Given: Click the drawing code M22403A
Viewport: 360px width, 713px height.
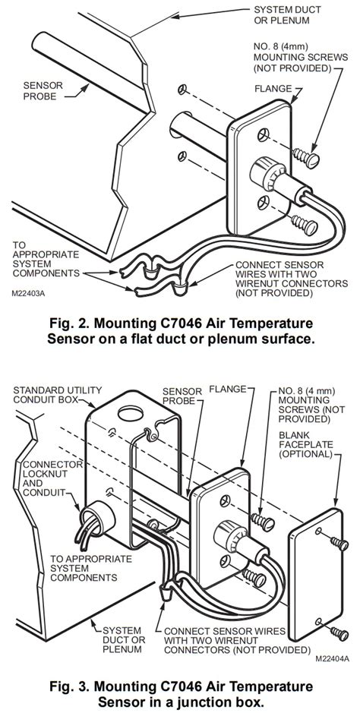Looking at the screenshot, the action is [x=28, y=294].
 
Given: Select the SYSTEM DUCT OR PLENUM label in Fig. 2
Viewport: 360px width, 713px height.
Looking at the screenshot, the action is [x=287, y=14].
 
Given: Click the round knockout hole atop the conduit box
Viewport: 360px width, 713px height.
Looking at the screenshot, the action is [x=131, y=413].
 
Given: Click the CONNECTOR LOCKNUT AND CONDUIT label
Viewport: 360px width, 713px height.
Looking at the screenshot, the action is [x=52, y=478].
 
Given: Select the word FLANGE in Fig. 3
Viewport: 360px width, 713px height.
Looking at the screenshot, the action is [x=227, y=390].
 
